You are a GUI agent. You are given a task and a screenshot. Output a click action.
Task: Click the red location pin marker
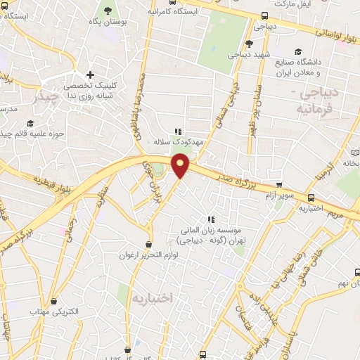[x=181, y=166]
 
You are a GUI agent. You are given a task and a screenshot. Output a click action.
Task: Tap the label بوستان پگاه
[x=108, y=22]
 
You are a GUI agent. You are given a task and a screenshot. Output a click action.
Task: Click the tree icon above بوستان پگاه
[x=108, y=11]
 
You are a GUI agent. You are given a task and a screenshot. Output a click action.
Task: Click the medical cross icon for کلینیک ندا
[x=89, y=75]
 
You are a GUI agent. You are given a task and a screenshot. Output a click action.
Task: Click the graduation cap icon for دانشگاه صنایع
[x=298, y=52]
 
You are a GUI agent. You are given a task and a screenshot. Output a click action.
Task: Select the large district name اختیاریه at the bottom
[x=152, y=298]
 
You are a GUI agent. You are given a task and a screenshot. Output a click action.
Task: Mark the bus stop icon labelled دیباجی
[x=264, y=15]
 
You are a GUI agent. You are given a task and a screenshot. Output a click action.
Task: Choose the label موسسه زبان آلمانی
[x=210, y=231]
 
